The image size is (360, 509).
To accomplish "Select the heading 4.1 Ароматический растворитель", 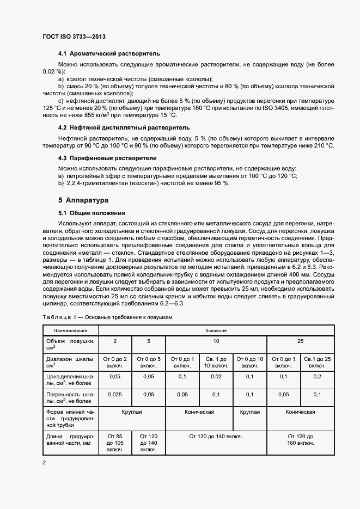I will [x=109, y=55].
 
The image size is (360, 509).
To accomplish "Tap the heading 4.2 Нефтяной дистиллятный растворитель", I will [x=124, y=127].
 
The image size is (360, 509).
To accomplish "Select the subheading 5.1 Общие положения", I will [x=91, y=213].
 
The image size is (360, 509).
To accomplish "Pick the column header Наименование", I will [x=70, y=330].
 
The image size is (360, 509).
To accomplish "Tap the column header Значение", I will [x=216, y=330].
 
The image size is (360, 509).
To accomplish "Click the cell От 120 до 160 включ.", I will [x=301, y=440].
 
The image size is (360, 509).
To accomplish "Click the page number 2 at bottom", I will [x=44, y=463].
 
